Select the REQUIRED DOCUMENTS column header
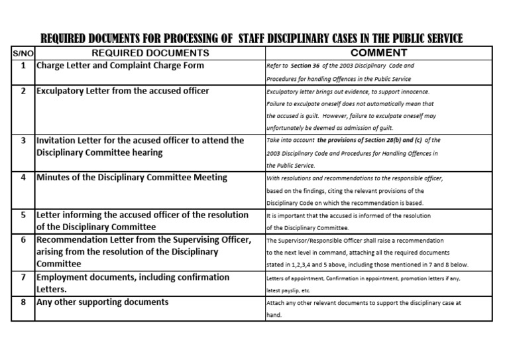click(150, 53)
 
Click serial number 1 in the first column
click(23, 66)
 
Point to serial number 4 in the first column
click(23, 178)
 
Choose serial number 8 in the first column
click(23, 302)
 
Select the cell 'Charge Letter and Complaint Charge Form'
click(120, 66)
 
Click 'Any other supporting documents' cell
click(102, 302)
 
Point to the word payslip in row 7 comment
click(288, 290)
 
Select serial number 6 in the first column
click(23, 240)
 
